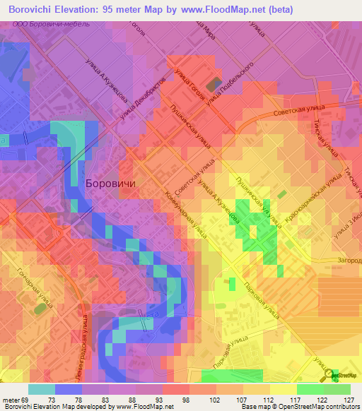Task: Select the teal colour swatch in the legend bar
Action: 42,389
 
